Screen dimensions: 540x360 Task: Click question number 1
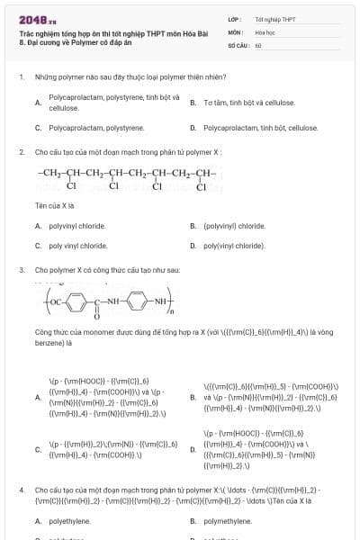coord(21,77)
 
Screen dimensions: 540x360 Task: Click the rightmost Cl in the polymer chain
coord(201,187)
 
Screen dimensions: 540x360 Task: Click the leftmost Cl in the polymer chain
coord(71,187)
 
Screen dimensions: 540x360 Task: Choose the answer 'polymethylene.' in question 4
coord(228,520)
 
